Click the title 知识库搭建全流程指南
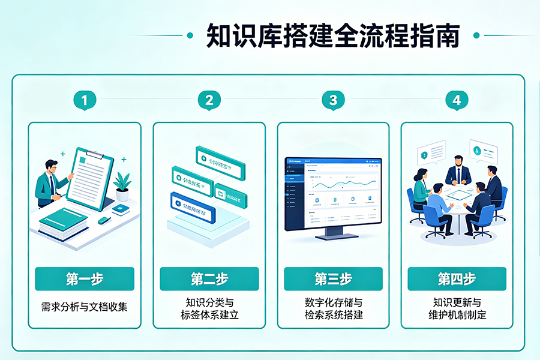tap(333, 35)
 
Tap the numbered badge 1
tap(85, 100)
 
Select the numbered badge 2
tap(209, 100)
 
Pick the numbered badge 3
tap(333, 100)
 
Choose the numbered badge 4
tap(457, 100)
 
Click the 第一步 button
tap(85, 279)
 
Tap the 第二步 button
tap(209, 279)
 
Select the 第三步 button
tap(333, 279)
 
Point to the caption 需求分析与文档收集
tap(85, 307)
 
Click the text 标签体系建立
tap(209, 315)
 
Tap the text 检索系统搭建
tap(333, 315)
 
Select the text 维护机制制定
tap(457, 315)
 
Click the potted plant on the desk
tap(122, 186)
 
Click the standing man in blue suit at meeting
tap(458, 171)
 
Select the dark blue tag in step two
tap(194, 203)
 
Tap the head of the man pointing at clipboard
tap(51, 166)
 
